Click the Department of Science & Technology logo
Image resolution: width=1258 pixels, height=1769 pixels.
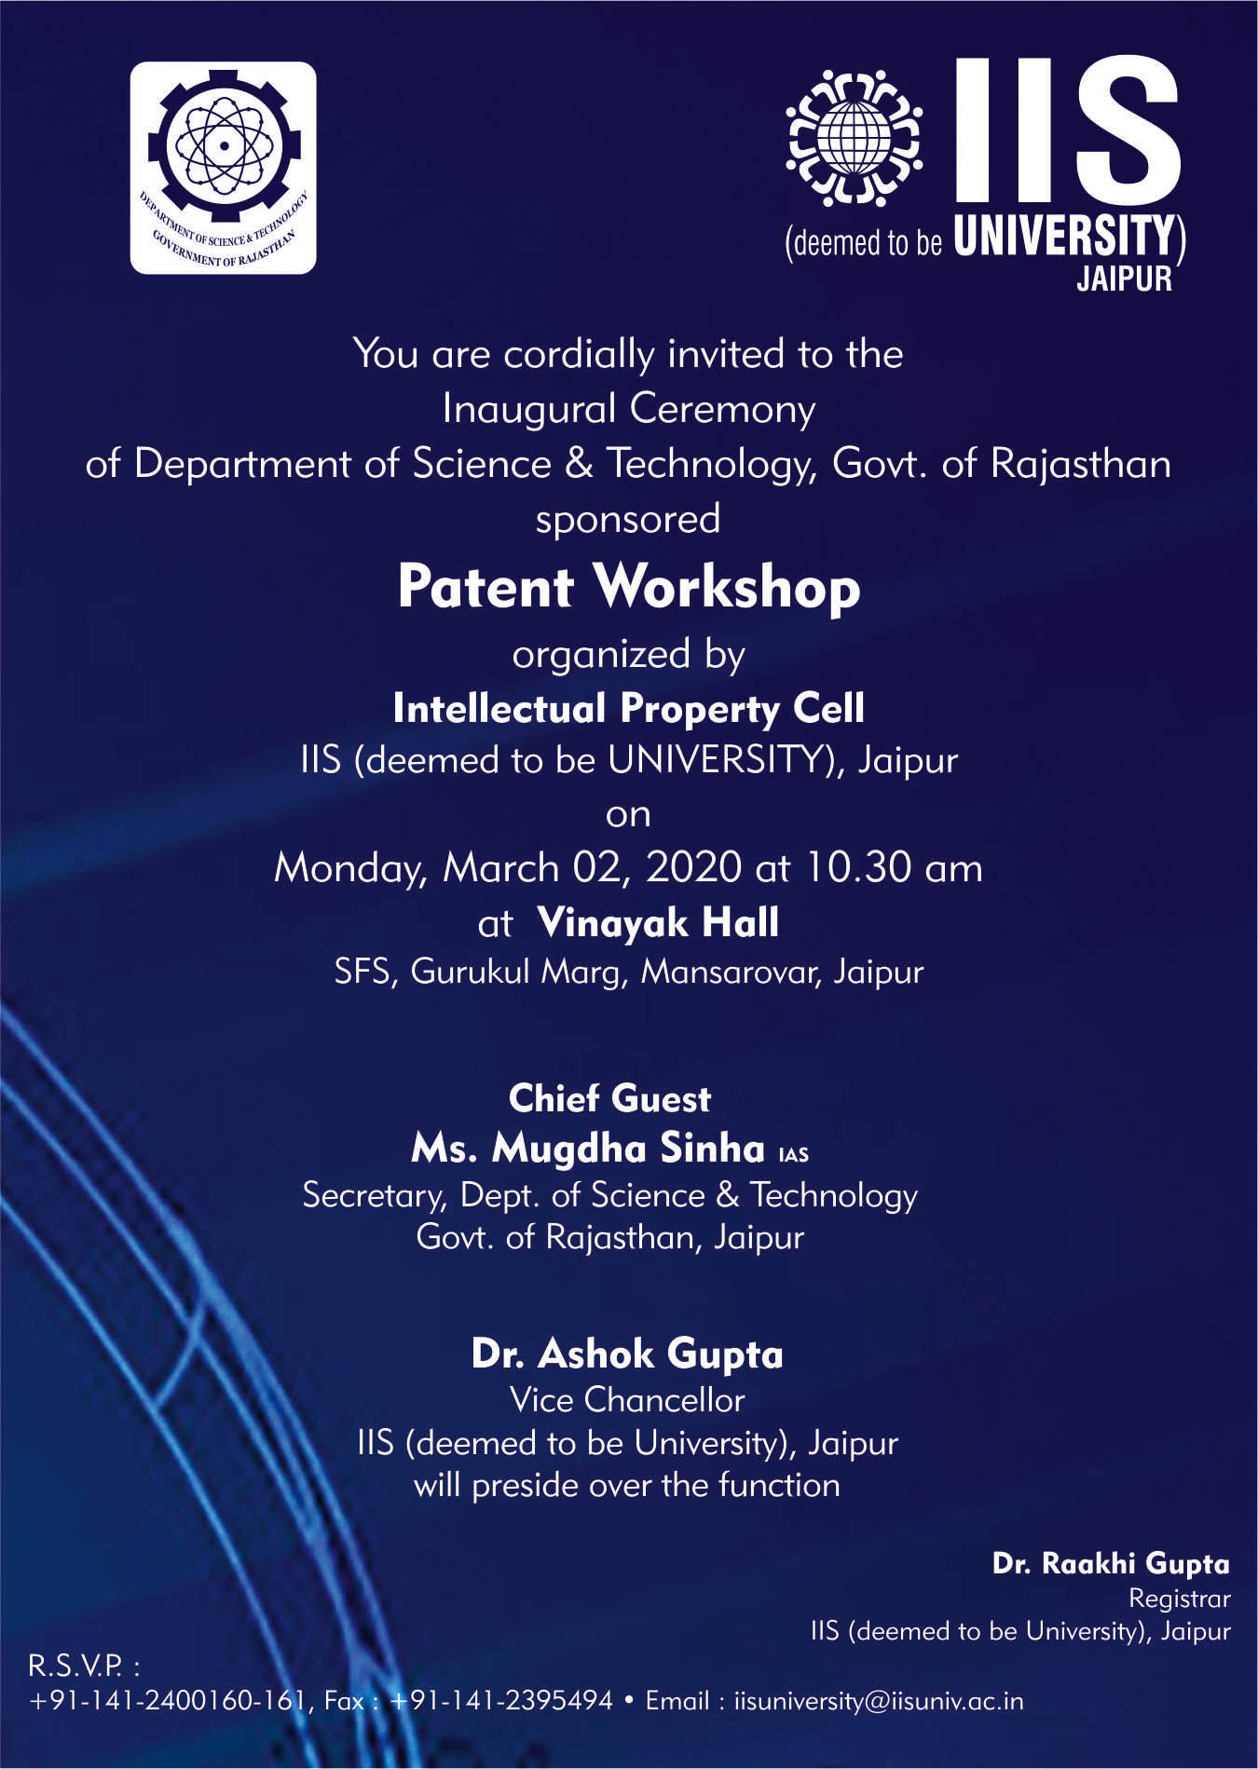223,168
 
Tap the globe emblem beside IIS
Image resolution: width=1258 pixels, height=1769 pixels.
855,139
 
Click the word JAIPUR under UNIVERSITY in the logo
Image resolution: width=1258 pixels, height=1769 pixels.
1124,279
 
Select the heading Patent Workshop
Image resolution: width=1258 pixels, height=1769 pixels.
629,587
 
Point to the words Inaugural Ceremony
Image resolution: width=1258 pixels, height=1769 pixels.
629,409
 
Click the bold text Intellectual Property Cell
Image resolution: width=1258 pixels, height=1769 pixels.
629,709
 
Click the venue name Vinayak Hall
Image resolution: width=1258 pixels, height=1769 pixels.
658,922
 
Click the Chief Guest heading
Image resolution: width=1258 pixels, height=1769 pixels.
609,1099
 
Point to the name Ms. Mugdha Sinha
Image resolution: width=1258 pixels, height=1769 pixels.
588,1149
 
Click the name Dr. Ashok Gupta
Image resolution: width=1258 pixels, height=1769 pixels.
627,1354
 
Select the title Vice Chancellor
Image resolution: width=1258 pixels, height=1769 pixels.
627,1400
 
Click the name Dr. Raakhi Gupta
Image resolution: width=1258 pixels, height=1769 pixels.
1111,1564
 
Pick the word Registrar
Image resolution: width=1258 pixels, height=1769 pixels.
1180,1599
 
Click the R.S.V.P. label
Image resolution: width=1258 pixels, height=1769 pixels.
84,1664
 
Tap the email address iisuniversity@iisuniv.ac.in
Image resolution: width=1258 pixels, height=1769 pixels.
879,1701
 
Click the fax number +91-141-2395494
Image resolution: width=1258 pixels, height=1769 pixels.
501,1701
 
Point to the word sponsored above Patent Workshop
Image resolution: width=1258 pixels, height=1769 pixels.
628,520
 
